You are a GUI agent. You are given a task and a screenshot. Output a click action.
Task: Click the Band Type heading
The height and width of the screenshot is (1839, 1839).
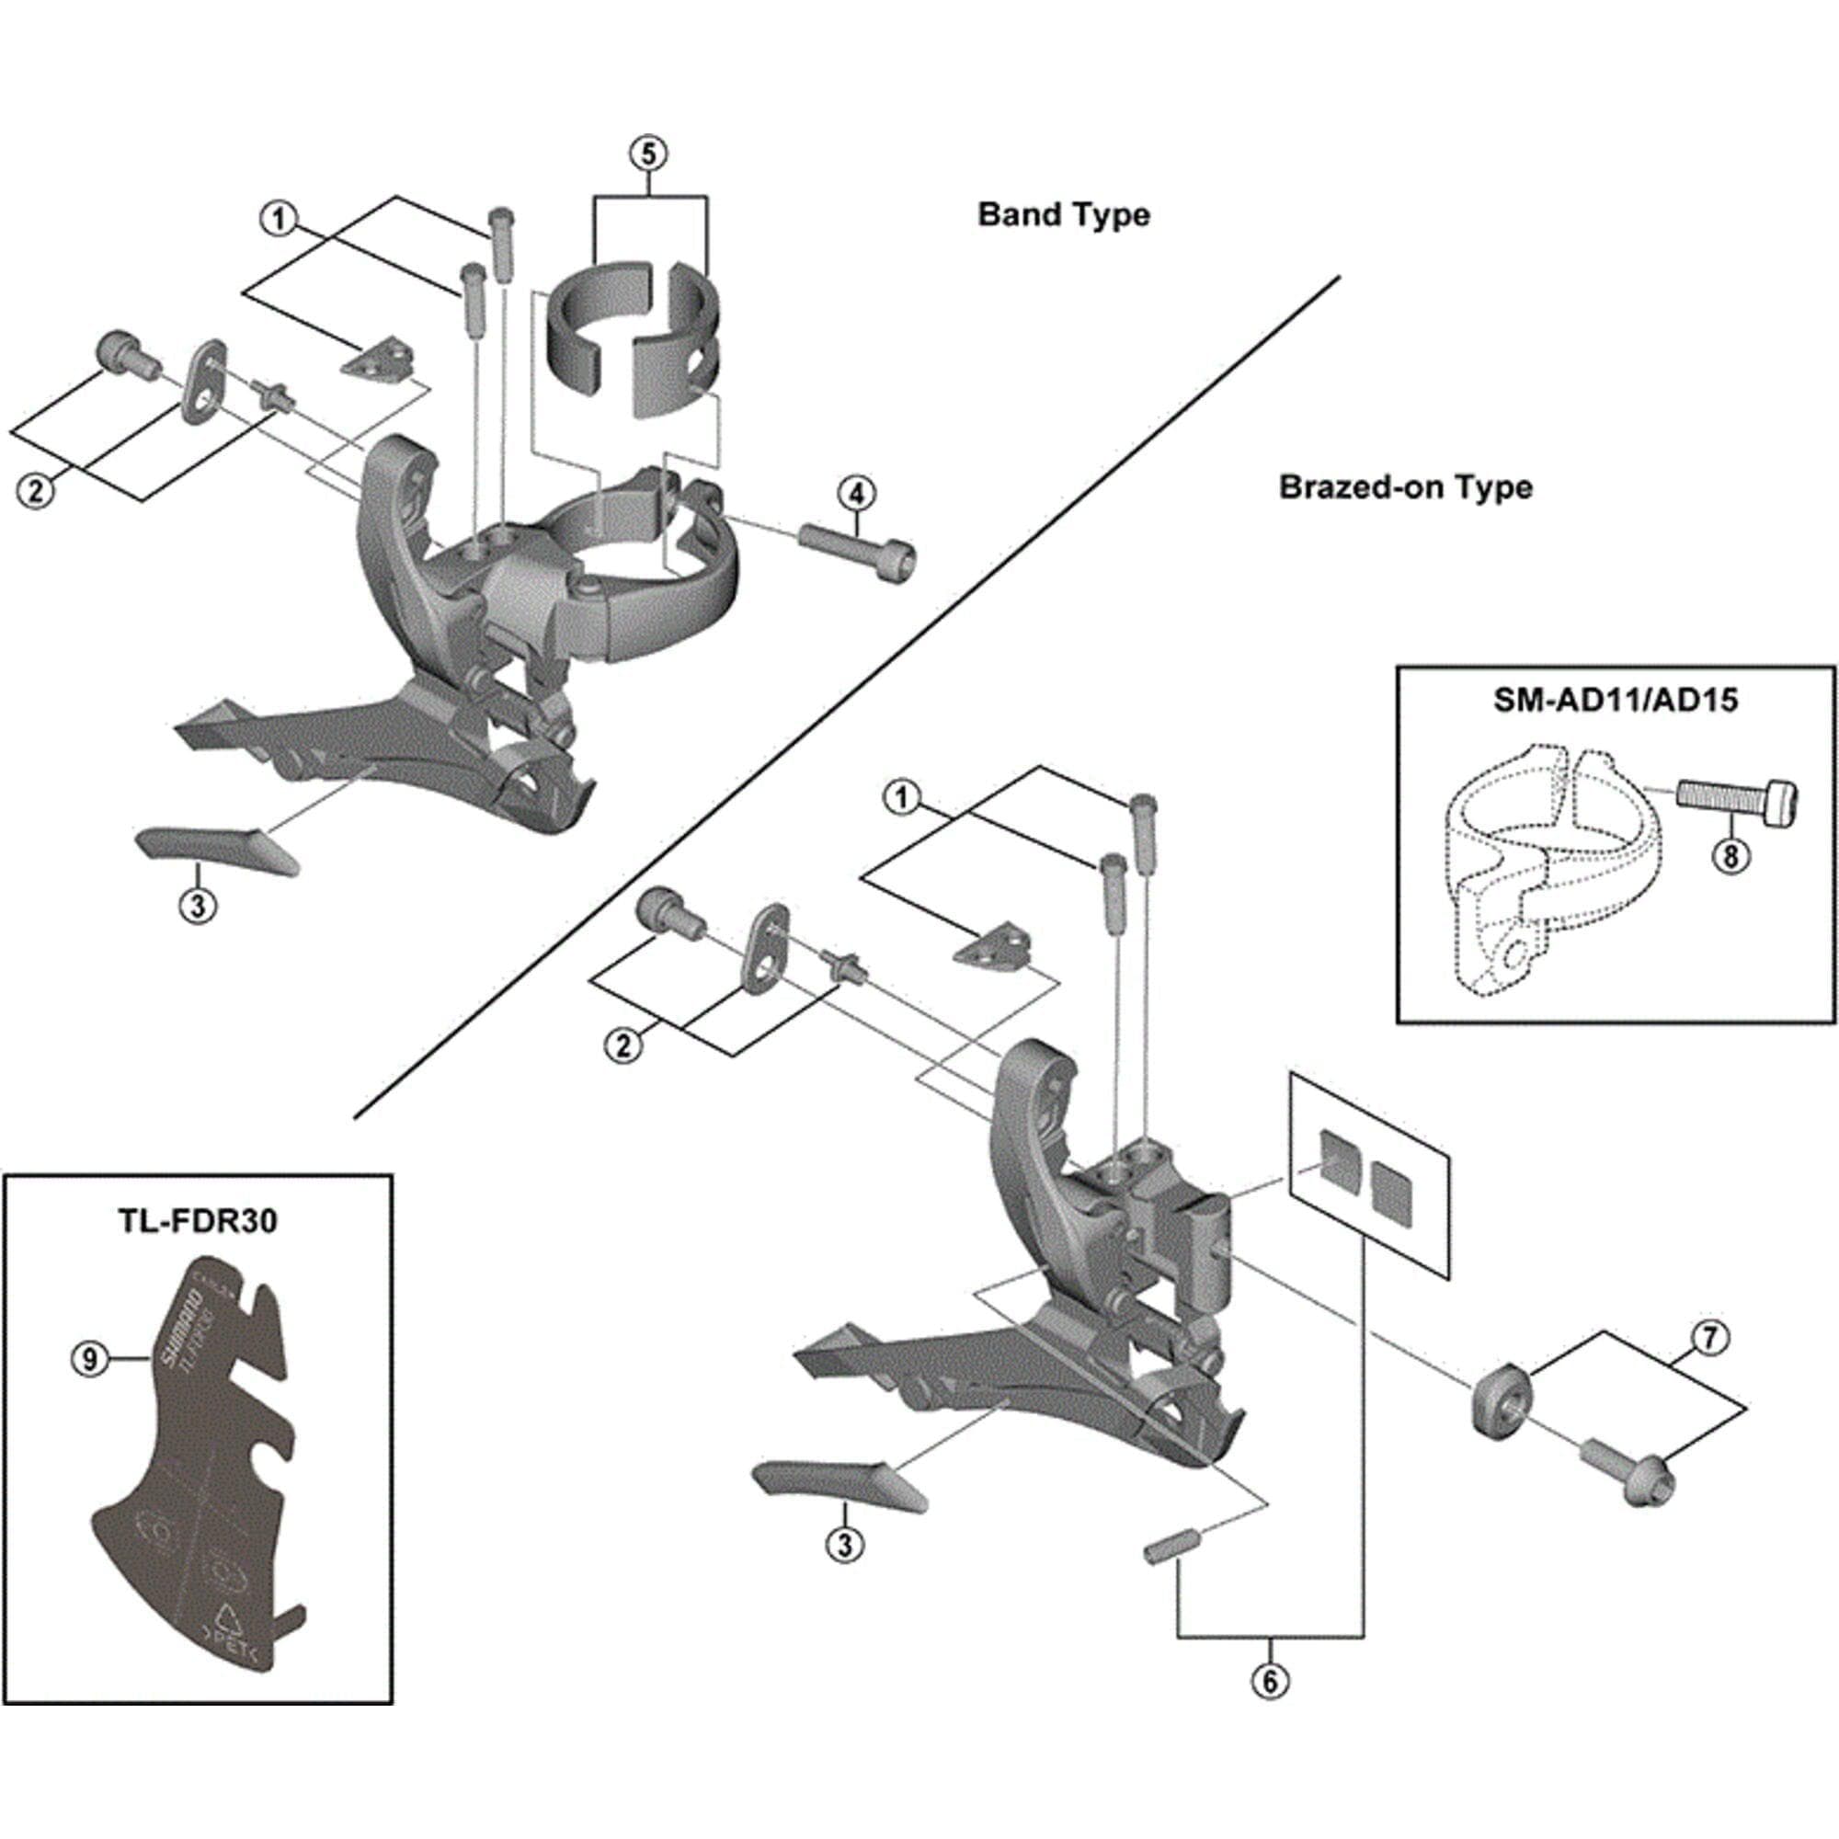pyautogui.click(x=1063, y=215)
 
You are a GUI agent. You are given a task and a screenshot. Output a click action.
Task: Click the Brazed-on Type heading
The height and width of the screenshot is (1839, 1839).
pyautogui.click(x=1405, y=487)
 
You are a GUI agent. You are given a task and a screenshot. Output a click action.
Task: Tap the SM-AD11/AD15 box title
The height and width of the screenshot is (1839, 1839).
pyautogui.click(x=1616, y=701)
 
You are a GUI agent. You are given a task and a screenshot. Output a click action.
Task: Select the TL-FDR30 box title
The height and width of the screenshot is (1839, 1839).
pyautogui.click(x=198, y=1220)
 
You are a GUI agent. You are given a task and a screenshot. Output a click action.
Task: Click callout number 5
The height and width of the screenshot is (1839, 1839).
pyautogui.click(x=648, y=154)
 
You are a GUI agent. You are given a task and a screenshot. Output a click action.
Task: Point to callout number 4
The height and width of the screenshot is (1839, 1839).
pyautogui.click(x=857, y=494)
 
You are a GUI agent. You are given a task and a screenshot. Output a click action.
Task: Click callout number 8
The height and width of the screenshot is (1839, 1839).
pyautogui.click(x=1730, y=857)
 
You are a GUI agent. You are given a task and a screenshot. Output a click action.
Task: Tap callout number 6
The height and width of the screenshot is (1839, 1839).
pyautogui.click(x=1270, y=1682)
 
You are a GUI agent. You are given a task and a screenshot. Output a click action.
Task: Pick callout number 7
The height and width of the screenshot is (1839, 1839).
pyautogui.click(x=1709, y=1338)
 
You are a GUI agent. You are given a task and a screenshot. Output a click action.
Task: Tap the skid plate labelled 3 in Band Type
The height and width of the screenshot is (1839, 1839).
pyautogui.click(x=217, y=849)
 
